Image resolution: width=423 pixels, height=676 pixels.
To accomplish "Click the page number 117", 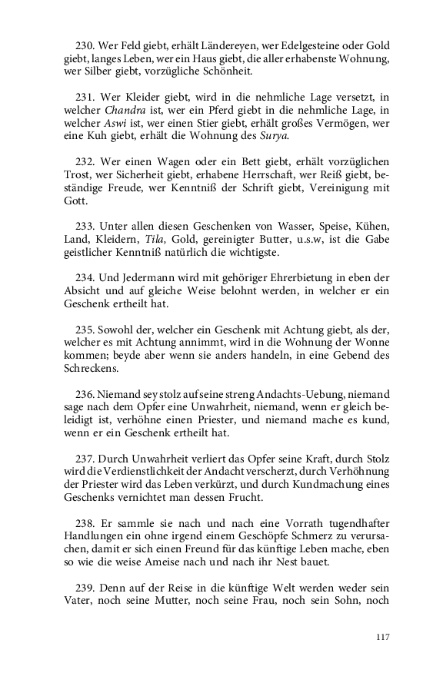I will click(384, 636).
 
